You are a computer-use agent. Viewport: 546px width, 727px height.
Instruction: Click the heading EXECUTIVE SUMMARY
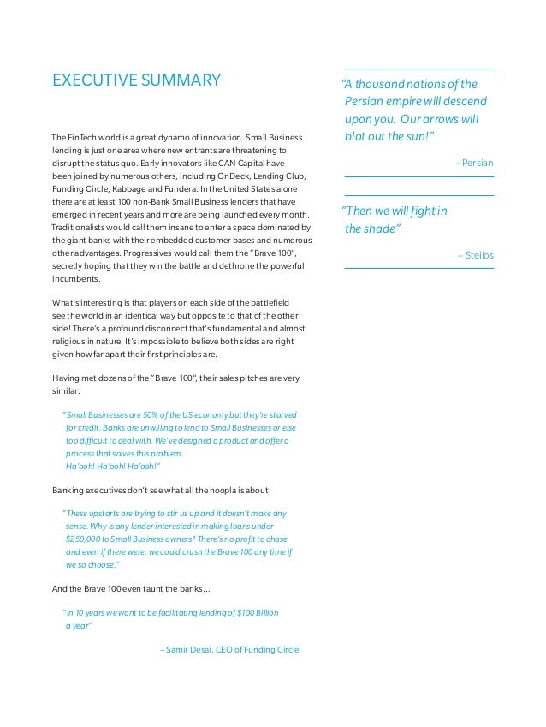click(136, 81)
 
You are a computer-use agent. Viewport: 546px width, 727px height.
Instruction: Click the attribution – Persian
click(475, 162)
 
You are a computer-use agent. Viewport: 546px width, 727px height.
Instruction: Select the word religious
click(72, 341)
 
